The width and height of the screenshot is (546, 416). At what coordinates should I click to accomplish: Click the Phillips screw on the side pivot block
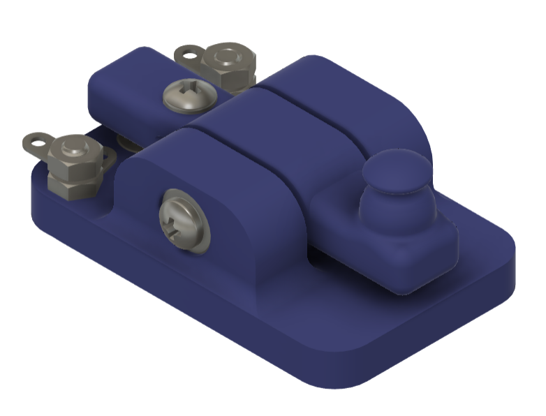click(x=183, y=220)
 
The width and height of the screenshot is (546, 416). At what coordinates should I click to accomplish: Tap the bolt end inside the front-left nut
click(x=72, y=147)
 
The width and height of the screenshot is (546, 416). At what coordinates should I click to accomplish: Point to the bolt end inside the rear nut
click(x=226, y=56)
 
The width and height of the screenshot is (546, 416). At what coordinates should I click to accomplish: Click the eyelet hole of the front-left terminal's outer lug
click(x=33, y=142)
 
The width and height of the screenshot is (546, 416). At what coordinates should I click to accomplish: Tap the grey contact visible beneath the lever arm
click(x=128, y=143)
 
